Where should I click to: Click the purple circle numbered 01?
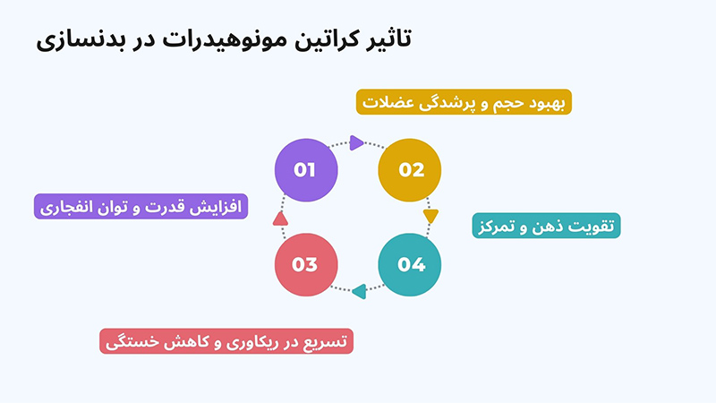click(x=305, y=168)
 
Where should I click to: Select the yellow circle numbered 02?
click(x=411, y=168)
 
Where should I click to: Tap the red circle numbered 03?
click(x=305, y=264)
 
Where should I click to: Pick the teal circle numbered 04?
click(x=411, y=264)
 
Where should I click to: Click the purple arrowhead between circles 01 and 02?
click(x=357, y=141)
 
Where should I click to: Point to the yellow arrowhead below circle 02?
click(x=430, y=216)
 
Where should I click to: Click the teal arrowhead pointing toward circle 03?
click(x=359, y=290)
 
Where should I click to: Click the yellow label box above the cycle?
click(x=465, y=101)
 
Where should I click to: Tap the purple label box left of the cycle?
click(x=141, y=207)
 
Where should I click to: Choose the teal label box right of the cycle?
click(x=546, y=225)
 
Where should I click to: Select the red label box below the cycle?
click(x=226, y=341)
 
